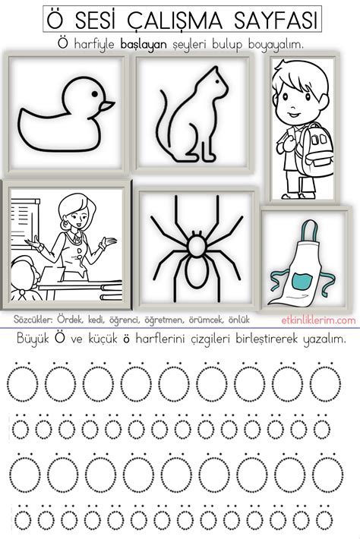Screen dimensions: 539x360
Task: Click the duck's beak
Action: coord(107,104)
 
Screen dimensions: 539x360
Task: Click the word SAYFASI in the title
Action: coord(267,18)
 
